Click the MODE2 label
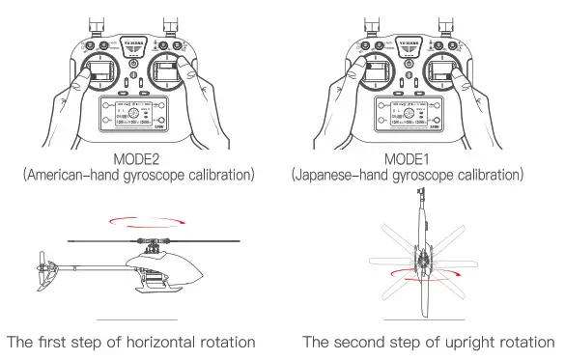tap(139, 157)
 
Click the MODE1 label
tap(408, 157)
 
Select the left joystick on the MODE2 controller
tap(99, 75)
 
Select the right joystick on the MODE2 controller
tap(178, 75)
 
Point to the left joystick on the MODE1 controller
tap(368, 75)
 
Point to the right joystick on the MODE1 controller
tap(446, 75)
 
